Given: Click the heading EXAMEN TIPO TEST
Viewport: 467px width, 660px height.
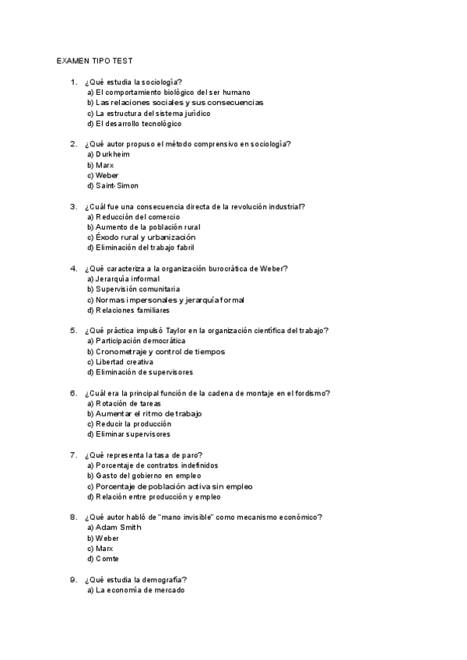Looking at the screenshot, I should [x=99, y=60].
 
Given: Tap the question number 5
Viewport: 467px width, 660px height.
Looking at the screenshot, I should [x=73, y=331].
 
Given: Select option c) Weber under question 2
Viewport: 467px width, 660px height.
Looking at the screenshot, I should [x=103, y=175].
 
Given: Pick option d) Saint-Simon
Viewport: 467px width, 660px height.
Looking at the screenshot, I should [x=112, y=186].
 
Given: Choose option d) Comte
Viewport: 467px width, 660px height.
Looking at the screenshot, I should [x=103, y=559].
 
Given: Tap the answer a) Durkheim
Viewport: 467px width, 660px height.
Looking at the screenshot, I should [x=108, y=154].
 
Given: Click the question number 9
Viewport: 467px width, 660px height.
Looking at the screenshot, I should [x=73, y=580].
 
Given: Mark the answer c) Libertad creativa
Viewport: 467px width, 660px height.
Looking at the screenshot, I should [x=120, y=362].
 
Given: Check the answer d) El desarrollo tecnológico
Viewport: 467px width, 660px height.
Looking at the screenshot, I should [x=134, y=124].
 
